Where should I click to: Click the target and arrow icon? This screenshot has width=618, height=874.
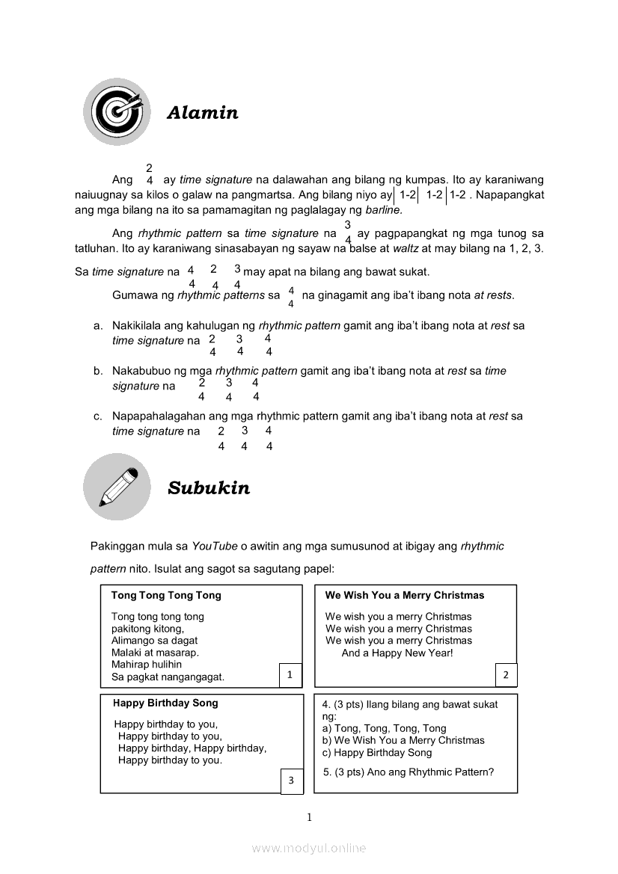[x=117, y=112]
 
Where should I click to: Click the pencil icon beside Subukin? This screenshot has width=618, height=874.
[x=117, y=487]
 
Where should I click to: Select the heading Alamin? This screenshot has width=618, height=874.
[x=203, y=113]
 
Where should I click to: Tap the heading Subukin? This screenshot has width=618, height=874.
[x=209, y=488]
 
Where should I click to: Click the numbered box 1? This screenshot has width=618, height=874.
[x=290, y=675]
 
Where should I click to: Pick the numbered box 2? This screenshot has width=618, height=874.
[x=506, y=675]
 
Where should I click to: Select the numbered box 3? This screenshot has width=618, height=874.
[x=292, y=781]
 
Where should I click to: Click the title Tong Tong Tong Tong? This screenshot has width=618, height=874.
[x=166, y=596]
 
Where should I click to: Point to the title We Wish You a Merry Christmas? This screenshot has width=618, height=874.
[x=405, y=596]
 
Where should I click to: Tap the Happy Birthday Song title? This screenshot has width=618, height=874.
[x=165, y=703]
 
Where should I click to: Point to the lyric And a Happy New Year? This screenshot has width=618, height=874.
[x=397, y=653]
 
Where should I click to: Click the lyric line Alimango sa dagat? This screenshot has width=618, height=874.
[x=155, y=641]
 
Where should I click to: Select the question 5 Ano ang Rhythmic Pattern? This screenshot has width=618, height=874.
[x=409, y=772]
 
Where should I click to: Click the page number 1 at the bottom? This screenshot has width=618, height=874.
[x=309, y=817]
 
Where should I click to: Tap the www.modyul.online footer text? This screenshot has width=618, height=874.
[x=309, y=848]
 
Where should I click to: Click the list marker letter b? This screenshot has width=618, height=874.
[x=98, y=371]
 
